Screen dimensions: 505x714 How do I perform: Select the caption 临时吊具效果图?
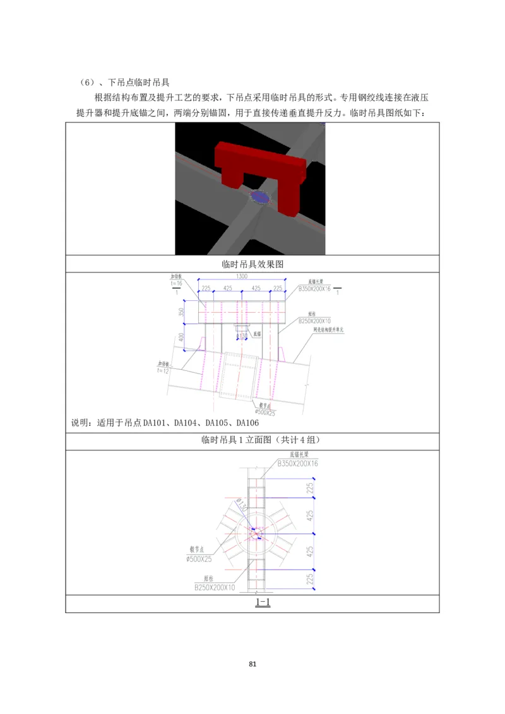pyautogui.click(x=252, y=264)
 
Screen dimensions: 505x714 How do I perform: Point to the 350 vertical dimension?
pyautogui.click(x=182, y=311)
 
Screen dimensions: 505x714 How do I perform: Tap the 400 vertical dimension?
pyautogui.click(x=182, y=337)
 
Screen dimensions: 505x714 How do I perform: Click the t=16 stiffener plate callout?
pyautogui.click(x=176, y=284)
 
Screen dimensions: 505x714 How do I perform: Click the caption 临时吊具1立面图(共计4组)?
pyautogui.click(x=252, y=441)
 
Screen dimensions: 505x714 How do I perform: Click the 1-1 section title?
pyautogui.click(x=263, y=602)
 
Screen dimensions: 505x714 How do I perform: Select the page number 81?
pyautogui.click(x=252, y=664)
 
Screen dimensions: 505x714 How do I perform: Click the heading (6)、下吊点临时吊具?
pyautogui.click(x=126, y=82)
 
